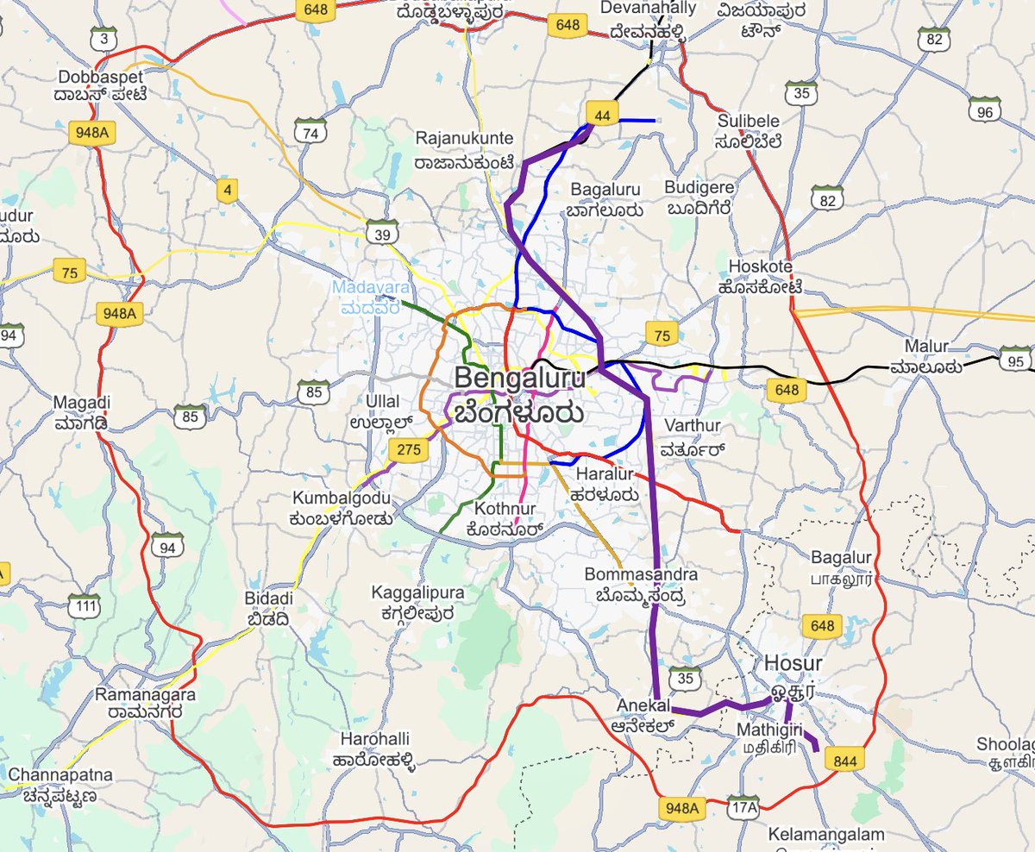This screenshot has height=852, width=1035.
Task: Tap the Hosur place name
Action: [x=792, y=664]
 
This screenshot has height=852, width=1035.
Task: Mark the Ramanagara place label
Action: [x=146, y=694]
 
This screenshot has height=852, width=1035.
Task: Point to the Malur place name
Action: [x=927, y=346]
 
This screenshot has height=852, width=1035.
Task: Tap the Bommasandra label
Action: [x=640, y=574]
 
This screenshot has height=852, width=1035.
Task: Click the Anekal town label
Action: [x=643, y=705]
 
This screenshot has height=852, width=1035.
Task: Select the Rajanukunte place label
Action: [x=463, y=139]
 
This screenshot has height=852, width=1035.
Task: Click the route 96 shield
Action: [x=985, y=112]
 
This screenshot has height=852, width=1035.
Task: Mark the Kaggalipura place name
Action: [x=417, y=593]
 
